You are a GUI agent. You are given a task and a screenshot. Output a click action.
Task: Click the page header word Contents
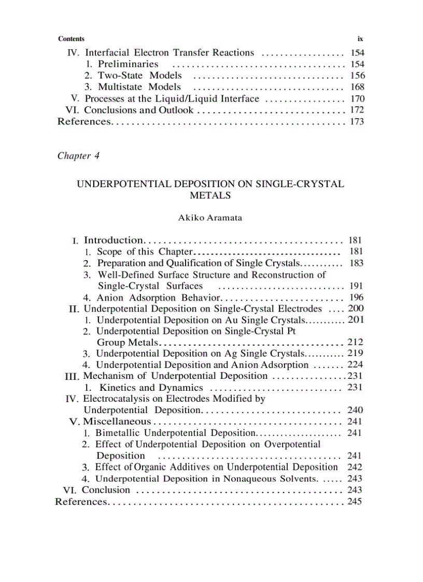(x=72, y=39)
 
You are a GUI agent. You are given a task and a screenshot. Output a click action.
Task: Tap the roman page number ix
(x=360, y=39)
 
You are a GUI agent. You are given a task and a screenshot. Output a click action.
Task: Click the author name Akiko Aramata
(x=210, y=218)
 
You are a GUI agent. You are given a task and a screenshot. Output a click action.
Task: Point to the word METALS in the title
(x=210, y=196)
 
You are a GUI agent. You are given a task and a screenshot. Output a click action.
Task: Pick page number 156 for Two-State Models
(x=357, y=76)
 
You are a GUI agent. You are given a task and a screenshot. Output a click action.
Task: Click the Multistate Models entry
(x=139, y=87)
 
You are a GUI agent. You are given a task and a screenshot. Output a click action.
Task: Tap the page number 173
(x=357, y=122)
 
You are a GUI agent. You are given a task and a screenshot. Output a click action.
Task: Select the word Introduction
(x=113, y=240)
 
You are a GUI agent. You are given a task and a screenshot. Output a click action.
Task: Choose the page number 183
(x=357, y=263)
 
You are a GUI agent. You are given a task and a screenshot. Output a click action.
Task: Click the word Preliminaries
(x=128, y=64)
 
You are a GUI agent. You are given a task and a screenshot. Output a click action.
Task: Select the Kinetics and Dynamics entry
(x=151, y=388)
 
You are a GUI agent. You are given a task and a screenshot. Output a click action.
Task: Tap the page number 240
(x=355, y=410)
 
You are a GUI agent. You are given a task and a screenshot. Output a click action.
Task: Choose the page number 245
(x=355, y=502)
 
